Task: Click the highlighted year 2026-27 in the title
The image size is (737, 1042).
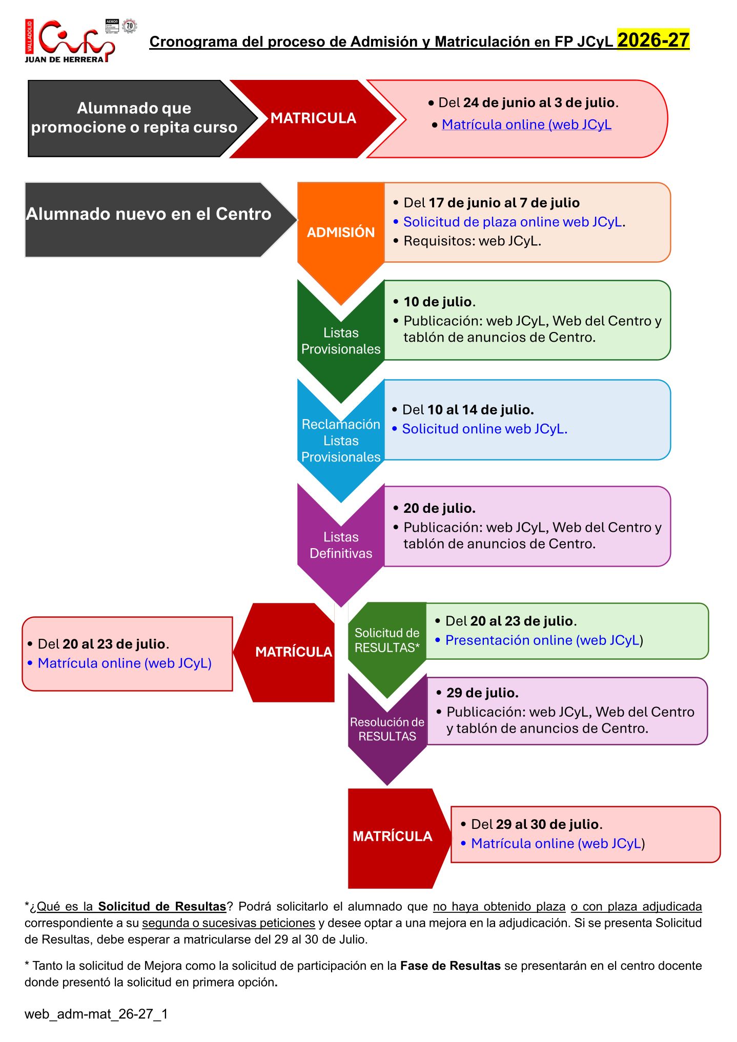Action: [x=653, y=40]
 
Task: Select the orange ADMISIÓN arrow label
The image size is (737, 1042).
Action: [x=341, y=232]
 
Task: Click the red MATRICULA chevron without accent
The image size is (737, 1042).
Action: [x=313, y=118]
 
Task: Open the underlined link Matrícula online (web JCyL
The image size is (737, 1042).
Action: [x=526, y=124]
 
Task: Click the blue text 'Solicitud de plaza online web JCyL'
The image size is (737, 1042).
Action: [x=513, y=222]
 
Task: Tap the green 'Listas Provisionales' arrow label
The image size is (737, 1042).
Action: [x=341, y=341]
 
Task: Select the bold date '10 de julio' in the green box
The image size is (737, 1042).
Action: [x=438, y=302]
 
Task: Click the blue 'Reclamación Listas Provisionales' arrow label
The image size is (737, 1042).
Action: [x=341, y=441]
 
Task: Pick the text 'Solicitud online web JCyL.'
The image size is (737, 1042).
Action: [x=484, y=429]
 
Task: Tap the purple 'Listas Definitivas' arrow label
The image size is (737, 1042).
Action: [x=341, y=545]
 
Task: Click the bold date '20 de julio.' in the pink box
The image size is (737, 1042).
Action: [x=439, y=508]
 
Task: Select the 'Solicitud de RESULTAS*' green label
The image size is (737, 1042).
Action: [x=387, y=640]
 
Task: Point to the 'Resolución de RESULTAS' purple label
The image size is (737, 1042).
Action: [x=387, y=729]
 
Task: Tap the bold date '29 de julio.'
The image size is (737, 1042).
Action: [x=482, y=693]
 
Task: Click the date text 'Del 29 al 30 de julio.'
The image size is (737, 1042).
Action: [x=537, y=824]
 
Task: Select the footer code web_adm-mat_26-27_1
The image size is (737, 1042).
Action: [x=96, y=1014]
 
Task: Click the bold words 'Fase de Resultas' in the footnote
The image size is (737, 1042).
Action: [x=450, y=966]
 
